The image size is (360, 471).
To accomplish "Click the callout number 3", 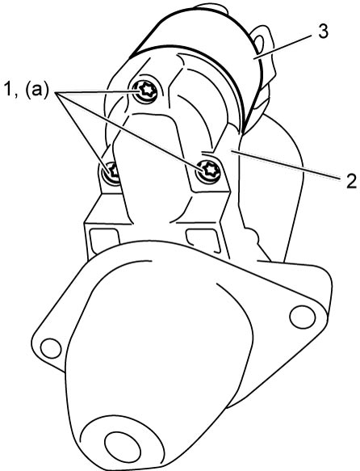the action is coord(323,32).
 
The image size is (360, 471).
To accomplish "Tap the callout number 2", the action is coord(350,181).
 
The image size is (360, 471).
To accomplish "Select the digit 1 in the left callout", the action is coord(8,90).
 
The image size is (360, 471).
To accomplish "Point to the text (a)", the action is coord(36,90).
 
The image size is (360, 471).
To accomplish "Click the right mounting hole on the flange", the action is coord(303,318).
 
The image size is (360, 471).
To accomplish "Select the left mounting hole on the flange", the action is coord(50,348).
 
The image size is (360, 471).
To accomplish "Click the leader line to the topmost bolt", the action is coord(96,91).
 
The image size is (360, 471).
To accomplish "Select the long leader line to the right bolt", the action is coord(130,131).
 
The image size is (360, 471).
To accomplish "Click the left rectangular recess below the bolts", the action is coord(104,240).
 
